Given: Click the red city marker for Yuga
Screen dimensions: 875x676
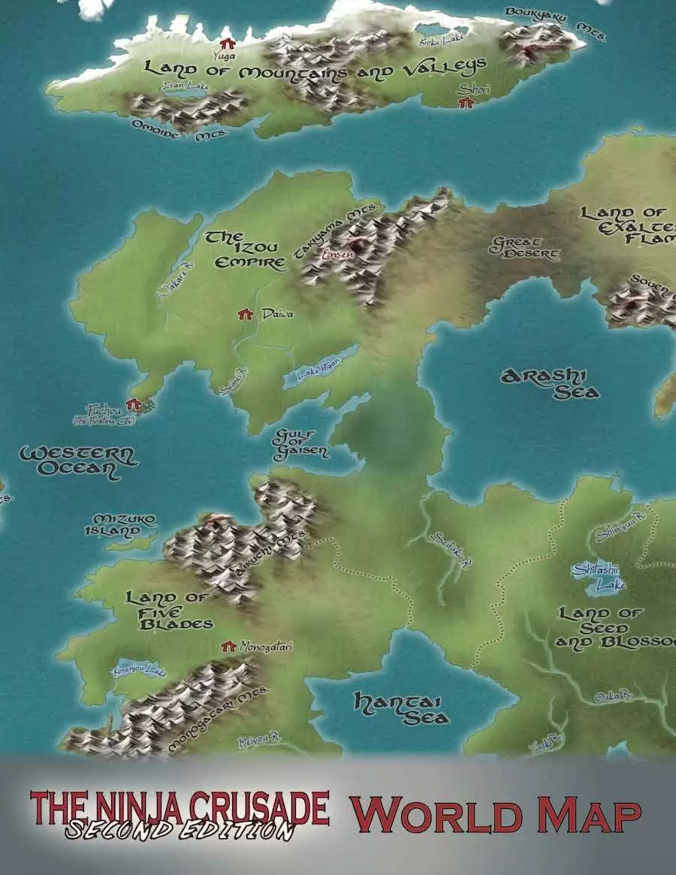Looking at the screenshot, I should pyautogui.click(x=225, y=43).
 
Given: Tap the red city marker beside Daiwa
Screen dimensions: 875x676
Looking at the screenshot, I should pyautogui.click(x=243, y=314).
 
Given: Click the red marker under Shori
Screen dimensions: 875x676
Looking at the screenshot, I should pyautogui.click(x=466, y=103).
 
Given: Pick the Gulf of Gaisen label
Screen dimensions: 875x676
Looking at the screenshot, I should pyautogui.click(x=301, y=444).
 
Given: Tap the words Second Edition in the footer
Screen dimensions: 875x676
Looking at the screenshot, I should pyautogui.click(x=179, y=830).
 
